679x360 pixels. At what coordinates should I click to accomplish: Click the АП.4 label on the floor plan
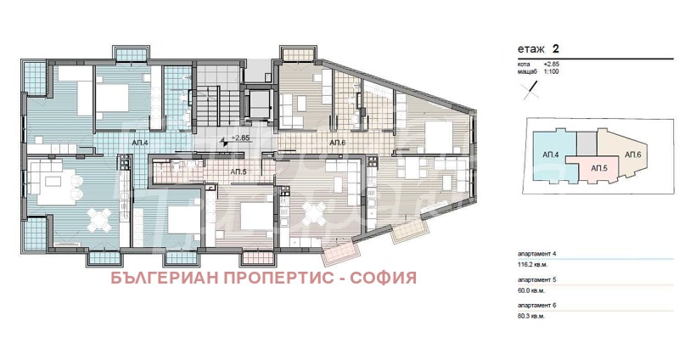141,143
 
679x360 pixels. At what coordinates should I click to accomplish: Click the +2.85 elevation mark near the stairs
240,138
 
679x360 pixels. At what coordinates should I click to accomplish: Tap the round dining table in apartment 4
99,219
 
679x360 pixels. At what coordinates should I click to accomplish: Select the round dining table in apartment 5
314,214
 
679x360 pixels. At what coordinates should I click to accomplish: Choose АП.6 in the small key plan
631,155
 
